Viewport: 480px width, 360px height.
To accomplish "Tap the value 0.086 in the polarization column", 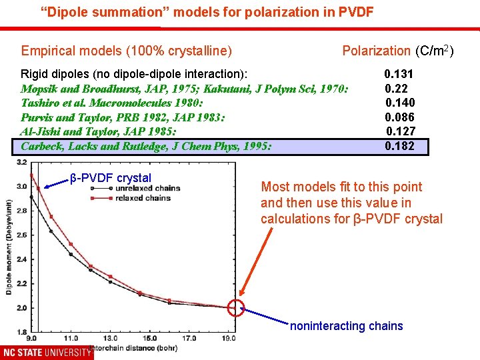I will point(400,117).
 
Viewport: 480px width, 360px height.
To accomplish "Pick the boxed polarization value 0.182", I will point(399,146).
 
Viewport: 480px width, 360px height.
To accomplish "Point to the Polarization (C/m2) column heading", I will point(397,51).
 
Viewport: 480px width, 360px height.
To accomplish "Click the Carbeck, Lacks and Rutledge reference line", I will point(146,146).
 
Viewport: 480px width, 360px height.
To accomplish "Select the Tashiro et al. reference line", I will point(112,103).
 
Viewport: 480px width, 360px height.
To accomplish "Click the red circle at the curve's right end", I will point(236,308).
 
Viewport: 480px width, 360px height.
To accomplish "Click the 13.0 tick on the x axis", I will point(111,338).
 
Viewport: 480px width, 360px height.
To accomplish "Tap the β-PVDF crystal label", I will point(111,178).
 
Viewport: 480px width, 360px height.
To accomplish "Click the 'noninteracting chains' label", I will point(346,326).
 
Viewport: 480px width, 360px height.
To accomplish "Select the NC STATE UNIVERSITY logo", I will point(47,352).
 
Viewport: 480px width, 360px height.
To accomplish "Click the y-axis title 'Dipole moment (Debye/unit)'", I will point(9,247).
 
